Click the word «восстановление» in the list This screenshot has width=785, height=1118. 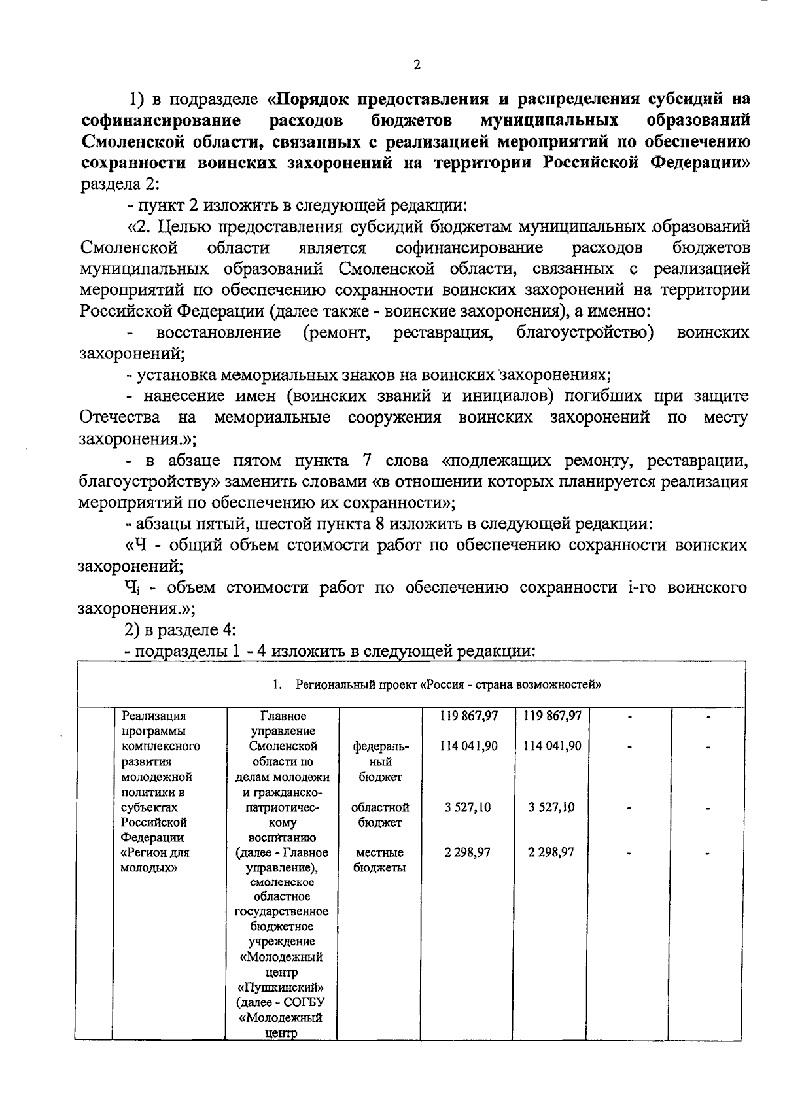coord(218,333)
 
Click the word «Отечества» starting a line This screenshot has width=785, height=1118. coord(120,417)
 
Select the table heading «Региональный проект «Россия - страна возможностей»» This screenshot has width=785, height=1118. coord(448,685)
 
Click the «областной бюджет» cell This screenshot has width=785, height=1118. coord(381,814)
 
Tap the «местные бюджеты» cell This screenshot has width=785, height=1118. coord(379,860)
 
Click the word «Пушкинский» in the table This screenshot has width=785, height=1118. coord(281,987)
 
